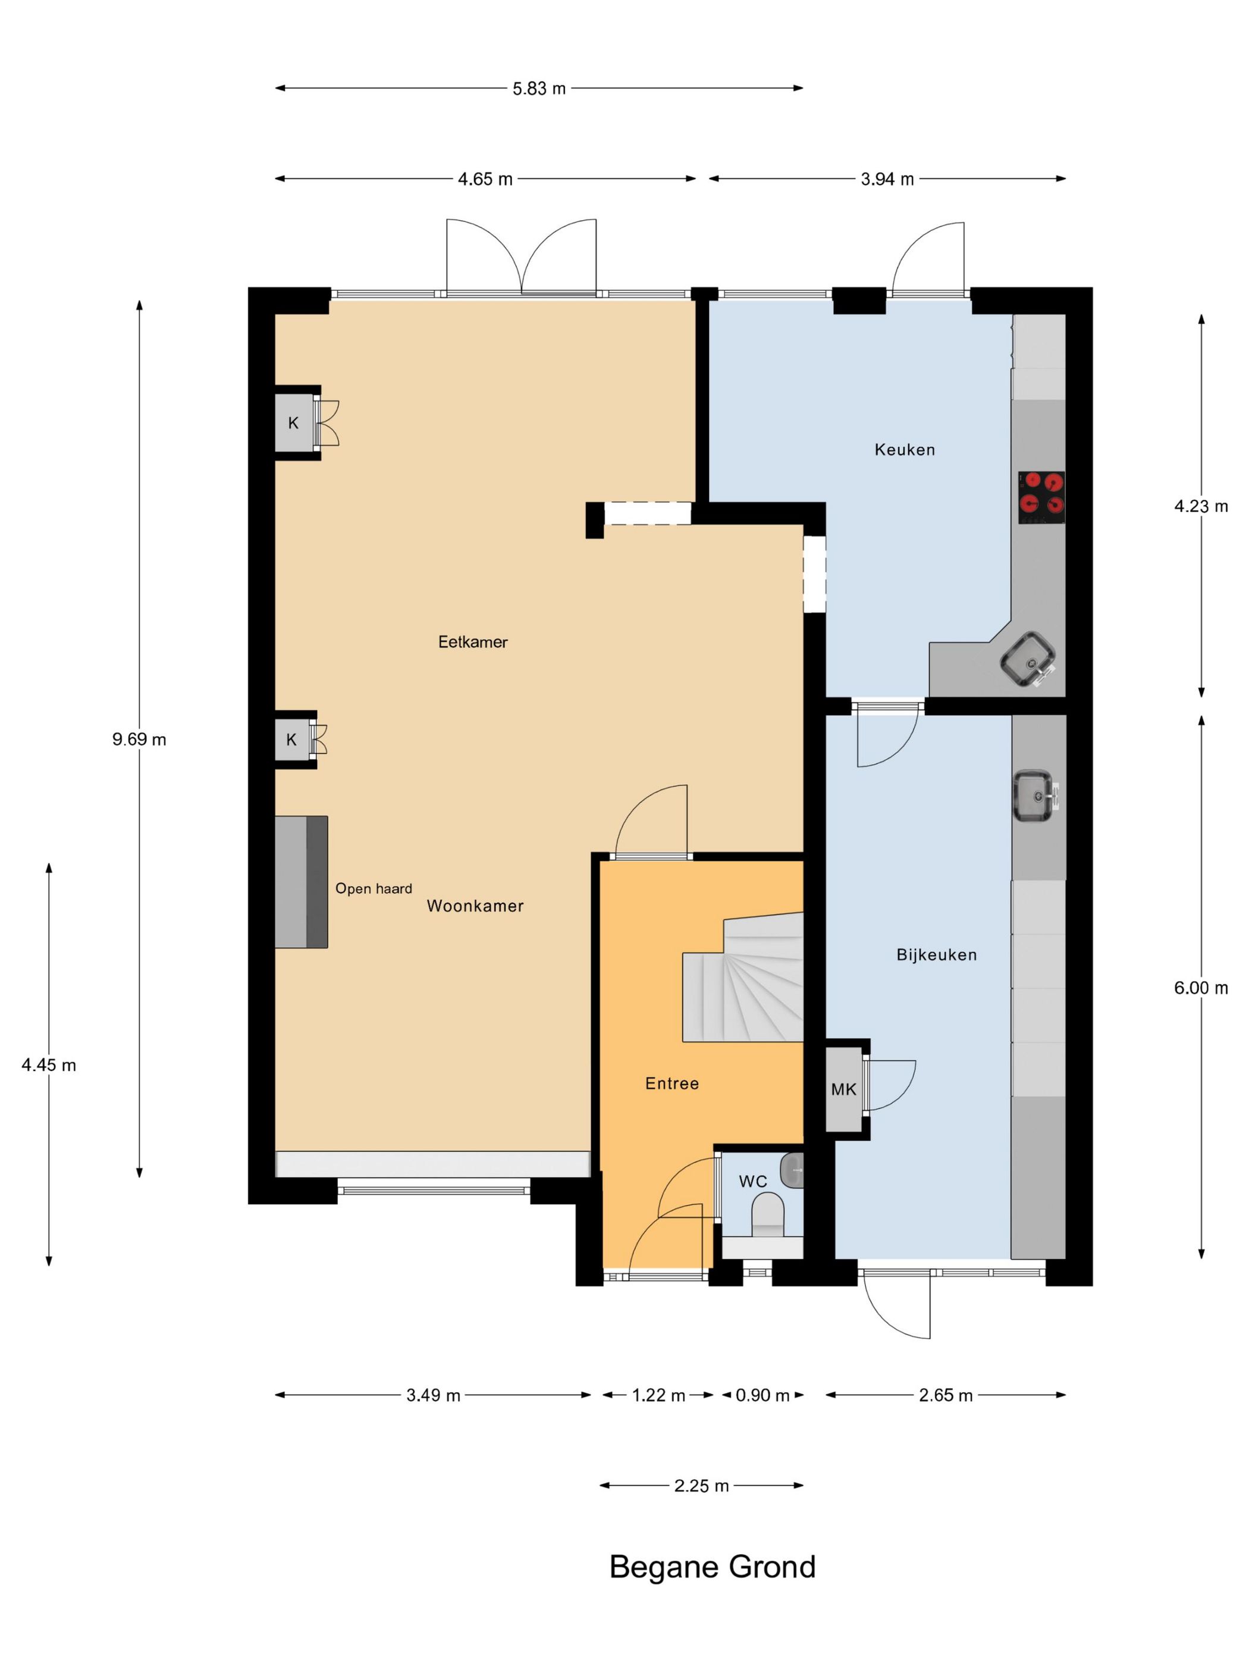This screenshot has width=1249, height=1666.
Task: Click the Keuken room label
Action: coord(904,450)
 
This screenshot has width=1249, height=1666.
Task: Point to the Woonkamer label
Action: coord(475,906)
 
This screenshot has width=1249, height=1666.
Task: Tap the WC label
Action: coord(753,1181)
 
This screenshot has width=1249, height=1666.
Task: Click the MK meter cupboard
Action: coord(844,1089)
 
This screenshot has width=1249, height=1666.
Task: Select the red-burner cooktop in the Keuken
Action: coord(1042,497)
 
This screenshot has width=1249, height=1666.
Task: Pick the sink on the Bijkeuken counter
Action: coord(1037,796)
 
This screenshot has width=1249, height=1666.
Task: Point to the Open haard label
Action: coord(374,889)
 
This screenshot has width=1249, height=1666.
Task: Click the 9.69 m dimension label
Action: coord(139,740)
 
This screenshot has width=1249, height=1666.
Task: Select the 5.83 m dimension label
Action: coord(539,89)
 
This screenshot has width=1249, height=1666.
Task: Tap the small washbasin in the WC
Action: coord(792,1170)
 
